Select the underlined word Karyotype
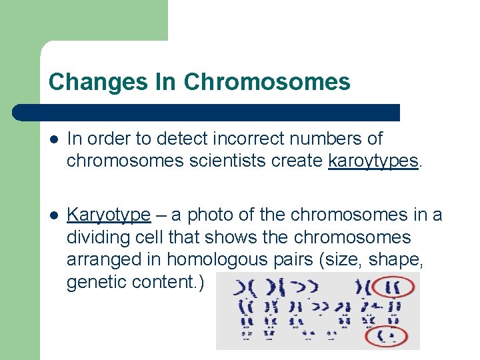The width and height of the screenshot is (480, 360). [x=109, y=215]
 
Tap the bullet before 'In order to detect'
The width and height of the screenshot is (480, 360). [x=53, y=139]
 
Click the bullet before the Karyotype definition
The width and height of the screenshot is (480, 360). [x=53, y=215]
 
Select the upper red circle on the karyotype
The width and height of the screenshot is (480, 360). [x=393, y=287]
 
